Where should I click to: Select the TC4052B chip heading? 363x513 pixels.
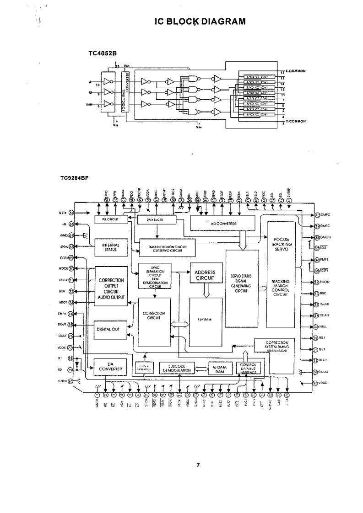click(x=103, y=53)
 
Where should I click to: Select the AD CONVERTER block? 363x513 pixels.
click(x=222, y=223)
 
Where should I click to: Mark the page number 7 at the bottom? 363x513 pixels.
click(x=198, y=465)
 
